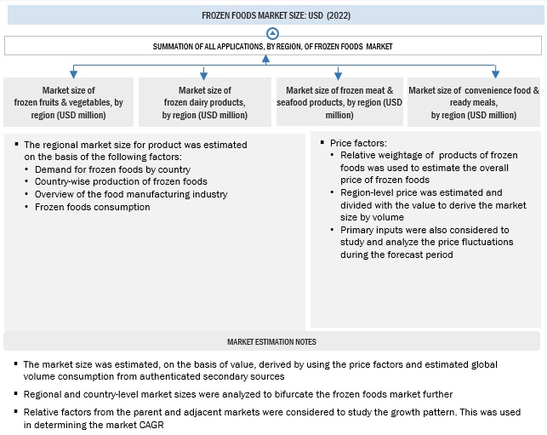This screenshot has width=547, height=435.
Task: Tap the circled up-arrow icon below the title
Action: pyautogui.click(x=272, y=33)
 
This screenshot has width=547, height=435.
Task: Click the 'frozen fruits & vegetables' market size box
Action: pyautogui.click(x=69, y=102)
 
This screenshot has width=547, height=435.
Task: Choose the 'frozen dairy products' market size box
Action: pyautogui.click(x=204, y=102)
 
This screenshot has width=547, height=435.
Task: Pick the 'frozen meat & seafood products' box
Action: pyautogui.click(x=339, y=102)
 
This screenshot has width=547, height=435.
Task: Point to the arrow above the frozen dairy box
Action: pyautogui.click(x=204, y=73)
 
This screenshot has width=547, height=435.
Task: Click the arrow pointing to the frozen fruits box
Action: pyautogui.click(x=72, y=73)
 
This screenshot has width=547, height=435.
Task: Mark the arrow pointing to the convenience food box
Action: pyautogui.click(x=495, y=72)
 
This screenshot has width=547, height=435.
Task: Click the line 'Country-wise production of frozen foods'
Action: pyautogui.click(x=121, y=181)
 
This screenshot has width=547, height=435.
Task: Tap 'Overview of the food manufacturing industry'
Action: pyautogui.click(x=131, y=194)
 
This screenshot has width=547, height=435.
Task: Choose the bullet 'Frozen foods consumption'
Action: pyautogui.click(x=86, y=207)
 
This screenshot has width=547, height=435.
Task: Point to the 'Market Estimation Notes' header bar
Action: pyautogui.click(x=272, y=341)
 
